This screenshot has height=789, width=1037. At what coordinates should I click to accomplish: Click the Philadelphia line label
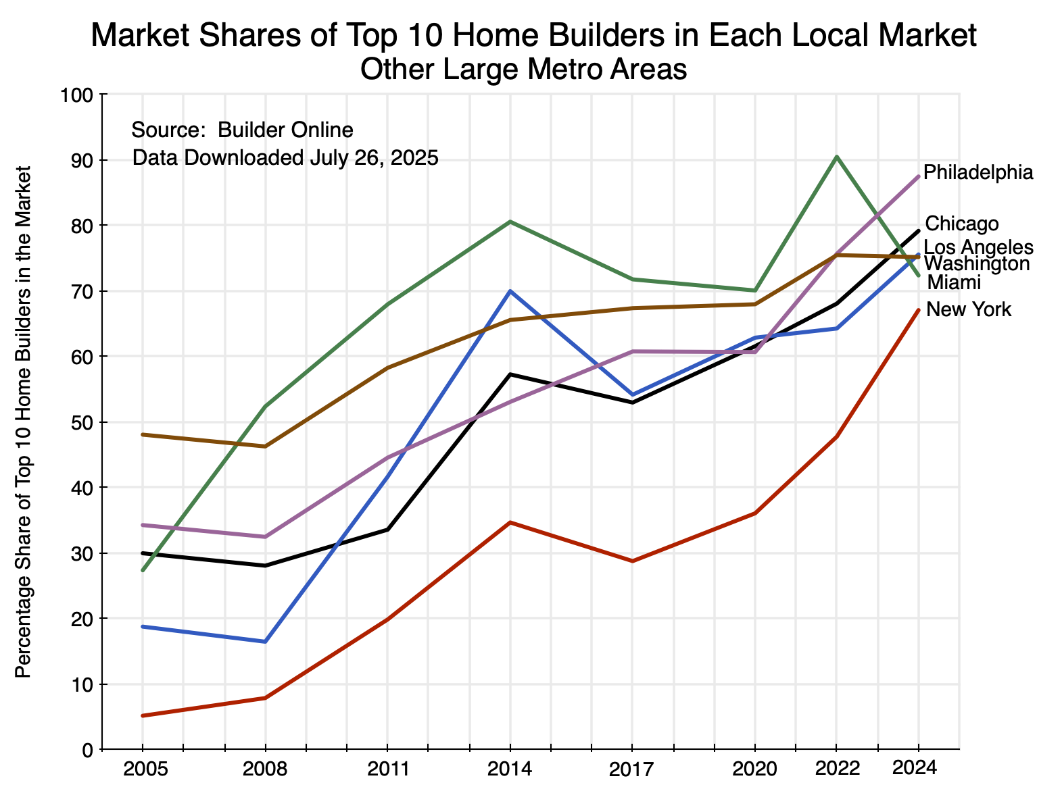(x=978, y=173)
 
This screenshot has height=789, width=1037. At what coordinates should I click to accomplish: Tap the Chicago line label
(x=961, y=224)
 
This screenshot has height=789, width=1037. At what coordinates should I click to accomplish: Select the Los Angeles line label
(x=978, y=247)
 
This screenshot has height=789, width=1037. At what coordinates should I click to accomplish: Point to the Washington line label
(x=976, y=263)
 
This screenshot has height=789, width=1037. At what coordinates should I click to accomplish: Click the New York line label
(x=969, y=310)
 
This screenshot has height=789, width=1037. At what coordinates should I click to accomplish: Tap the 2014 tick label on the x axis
(x=510, y=769)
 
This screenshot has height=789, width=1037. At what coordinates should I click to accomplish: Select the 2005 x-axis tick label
(x=143, y=769)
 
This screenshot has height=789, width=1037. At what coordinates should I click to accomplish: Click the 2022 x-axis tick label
(x=836, y=769)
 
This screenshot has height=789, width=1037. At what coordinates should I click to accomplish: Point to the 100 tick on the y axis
(x=80, y=95)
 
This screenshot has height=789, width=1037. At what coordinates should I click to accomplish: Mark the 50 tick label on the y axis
(x=84, y=423)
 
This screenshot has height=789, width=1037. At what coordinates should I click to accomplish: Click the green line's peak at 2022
(x=837, y=157)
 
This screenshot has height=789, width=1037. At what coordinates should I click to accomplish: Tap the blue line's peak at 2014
(x=510, y=291)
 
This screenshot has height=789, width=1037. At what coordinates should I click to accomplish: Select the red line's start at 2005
(x=143, y=715)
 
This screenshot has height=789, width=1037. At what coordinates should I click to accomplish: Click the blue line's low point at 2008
(x=265, y=642)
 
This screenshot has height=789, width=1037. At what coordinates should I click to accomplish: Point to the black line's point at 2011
(x=387, y=530)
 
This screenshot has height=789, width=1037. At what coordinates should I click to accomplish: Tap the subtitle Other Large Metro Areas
(x=524, y=70)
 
